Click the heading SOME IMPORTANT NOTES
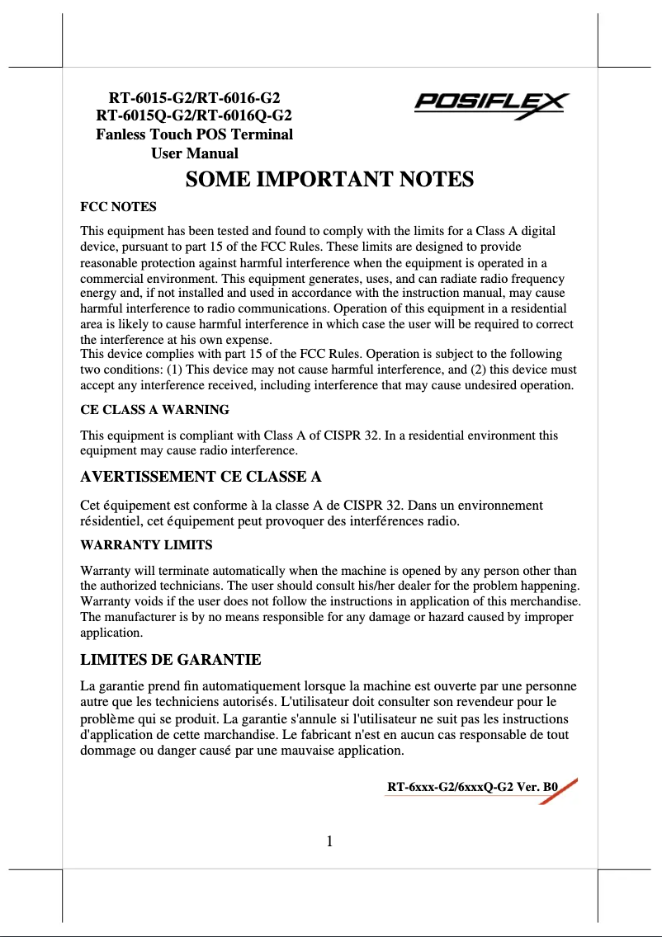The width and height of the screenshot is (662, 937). tap(329, 180)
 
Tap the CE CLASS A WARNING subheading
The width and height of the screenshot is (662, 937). tap(154, 409)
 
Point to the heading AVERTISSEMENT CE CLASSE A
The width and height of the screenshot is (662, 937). tap(201, 477)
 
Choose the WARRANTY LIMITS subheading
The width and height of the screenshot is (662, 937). tap(146, 545)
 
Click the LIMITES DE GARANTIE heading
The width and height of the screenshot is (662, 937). tap(171, 660)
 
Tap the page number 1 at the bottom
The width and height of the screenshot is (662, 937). tap(329, 841)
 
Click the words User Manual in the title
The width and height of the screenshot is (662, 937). tap(195, 153)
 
